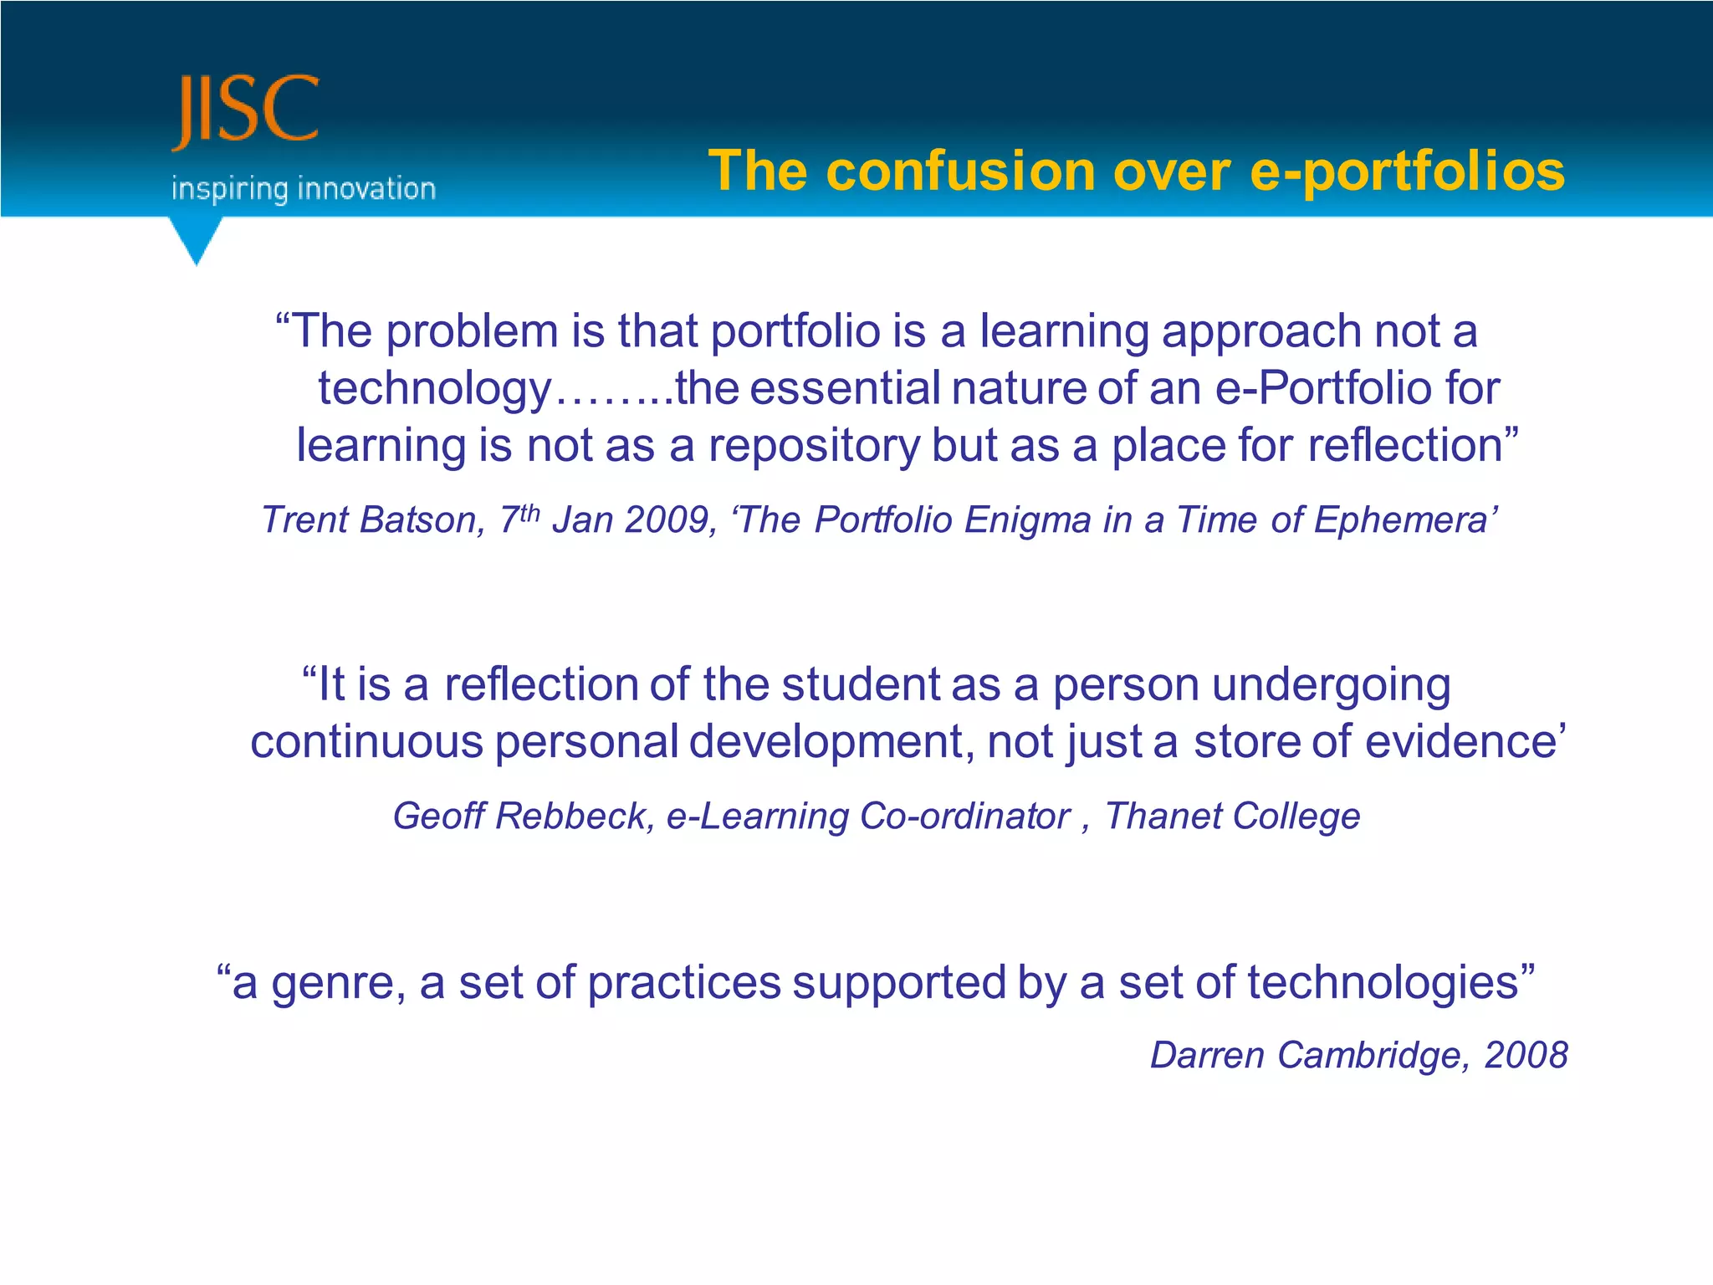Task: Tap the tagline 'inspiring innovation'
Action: [303, 189]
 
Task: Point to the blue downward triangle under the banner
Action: [197, 239]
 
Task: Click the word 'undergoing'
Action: [1331, 686]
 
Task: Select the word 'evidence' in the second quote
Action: [1459, 741]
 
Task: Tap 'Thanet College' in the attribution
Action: [1232, 816]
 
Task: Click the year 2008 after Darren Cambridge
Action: [1526, 1055]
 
